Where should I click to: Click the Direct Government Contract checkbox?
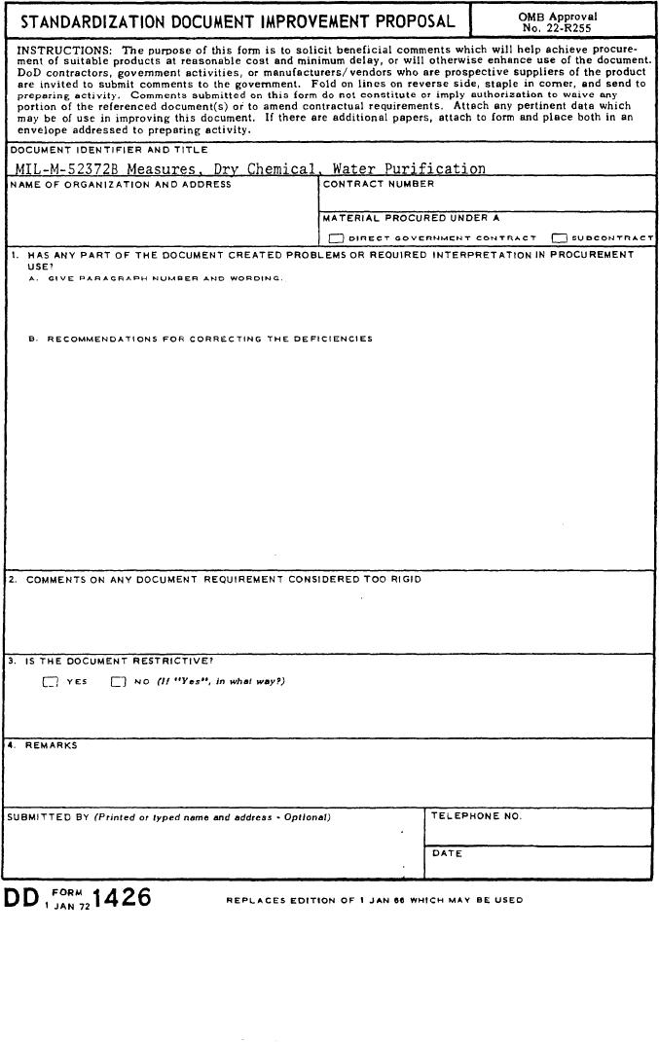pos(336,237)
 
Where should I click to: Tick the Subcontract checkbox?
pos(559,237)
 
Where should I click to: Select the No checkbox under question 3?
pos(119,681)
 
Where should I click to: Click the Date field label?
pos(447,854)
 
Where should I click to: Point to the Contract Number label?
pos(379,184)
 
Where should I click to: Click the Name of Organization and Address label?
pos(120,185)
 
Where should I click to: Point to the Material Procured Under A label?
pos(411,218)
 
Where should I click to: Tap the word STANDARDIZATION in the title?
pos(93,20)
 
